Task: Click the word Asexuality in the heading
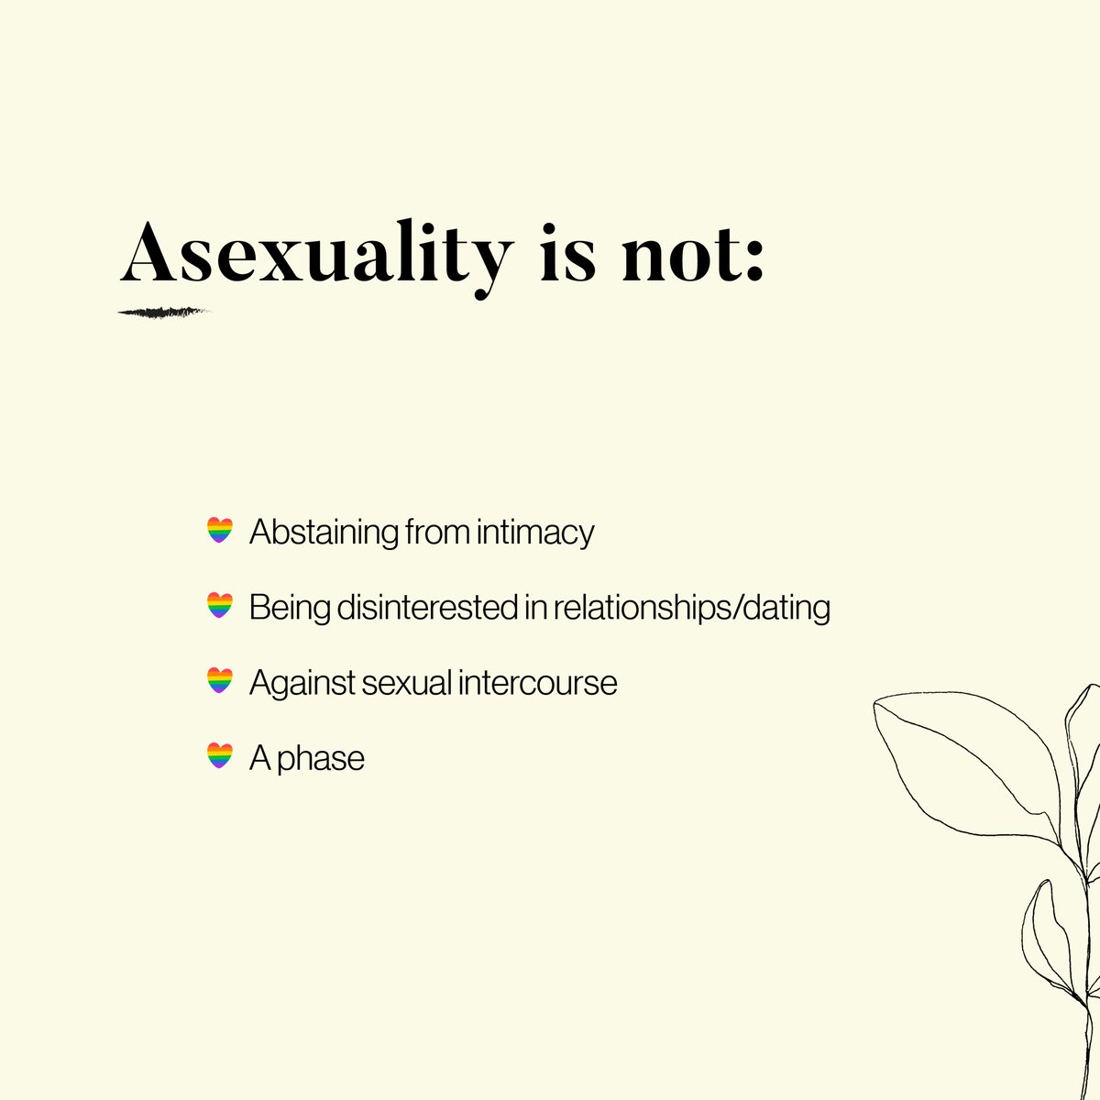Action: [315, 252]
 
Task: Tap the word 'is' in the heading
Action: [568, 252]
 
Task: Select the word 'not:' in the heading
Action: [693, 252]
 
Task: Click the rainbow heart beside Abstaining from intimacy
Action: [220, 531]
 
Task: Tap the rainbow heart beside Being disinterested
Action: [220, 606]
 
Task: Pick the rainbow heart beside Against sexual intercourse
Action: [220, 681]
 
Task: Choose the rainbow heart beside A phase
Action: [220, 756]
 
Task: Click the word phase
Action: [321, 759]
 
